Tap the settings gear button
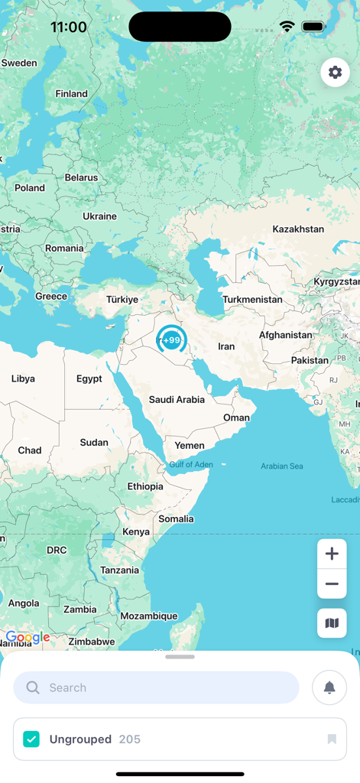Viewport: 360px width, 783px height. point(335,72)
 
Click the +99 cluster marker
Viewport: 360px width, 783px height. point(172,340)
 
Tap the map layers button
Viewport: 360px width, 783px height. point(332,623)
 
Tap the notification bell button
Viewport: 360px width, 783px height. point(329,687)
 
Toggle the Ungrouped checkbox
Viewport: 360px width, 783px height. point(31,739)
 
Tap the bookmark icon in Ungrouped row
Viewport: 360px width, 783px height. point(332,739)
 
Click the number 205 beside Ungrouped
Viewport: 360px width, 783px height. point(130,739)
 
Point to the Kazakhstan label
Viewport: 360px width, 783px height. point(298,229)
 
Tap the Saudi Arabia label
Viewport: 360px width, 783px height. point(177,399)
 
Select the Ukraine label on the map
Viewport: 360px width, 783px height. point(99,216)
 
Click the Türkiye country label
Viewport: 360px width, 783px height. point(122,300)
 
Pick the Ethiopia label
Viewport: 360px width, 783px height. point(145,486)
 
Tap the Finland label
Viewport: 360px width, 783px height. point(71,94)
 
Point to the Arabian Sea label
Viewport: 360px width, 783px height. point(281,466)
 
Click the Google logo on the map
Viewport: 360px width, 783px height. point(28,637)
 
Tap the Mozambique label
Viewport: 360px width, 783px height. point(148,616)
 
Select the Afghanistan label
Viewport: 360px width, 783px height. point(286,335)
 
